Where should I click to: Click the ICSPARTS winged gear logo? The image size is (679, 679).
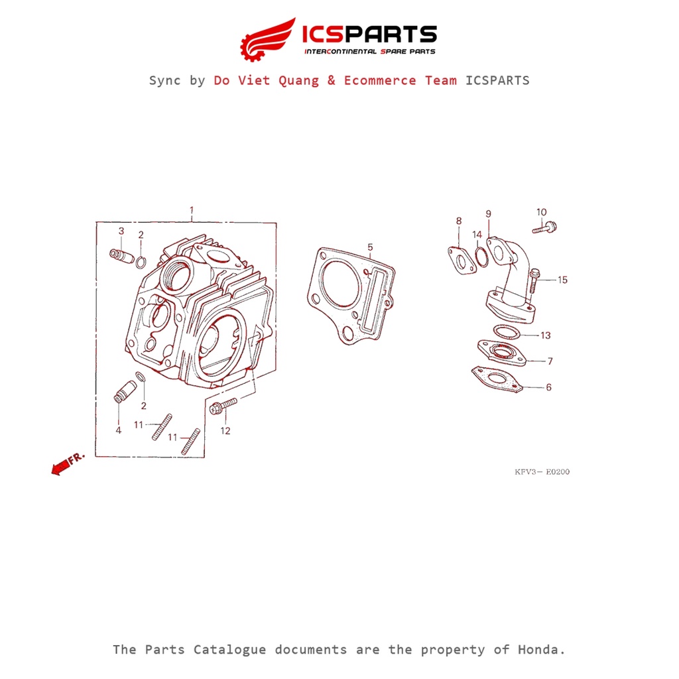click(268, 39)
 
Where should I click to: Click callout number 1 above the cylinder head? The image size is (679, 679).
click(192, 210)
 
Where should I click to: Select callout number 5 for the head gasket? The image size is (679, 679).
click(370, 247)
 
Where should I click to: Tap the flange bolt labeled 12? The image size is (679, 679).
click(223, 406)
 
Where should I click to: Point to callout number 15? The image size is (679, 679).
click(562, 280)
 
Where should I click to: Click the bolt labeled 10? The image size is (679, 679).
click(545, 227)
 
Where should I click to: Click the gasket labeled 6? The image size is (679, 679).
click(498, 380)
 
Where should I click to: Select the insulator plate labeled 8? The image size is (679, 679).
click(462, 261)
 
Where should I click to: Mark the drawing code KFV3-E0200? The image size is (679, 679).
click(542, 471)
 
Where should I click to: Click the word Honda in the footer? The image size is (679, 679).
click(542, 650)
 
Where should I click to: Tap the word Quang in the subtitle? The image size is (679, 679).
click(298, 81)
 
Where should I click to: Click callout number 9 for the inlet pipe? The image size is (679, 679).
click(489, 214)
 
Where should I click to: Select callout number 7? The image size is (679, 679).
click(550, 361)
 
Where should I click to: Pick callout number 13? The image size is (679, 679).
click(546, 335)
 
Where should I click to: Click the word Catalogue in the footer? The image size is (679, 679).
click(229, 650)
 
